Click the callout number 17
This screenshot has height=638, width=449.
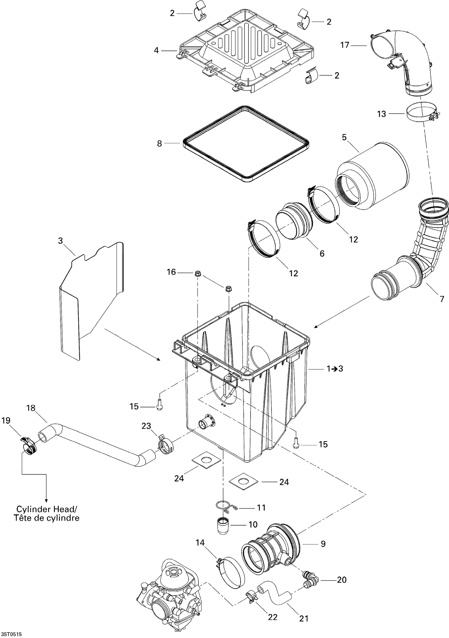click(x=345, y=45)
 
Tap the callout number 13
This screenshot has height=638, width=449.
click(x=381, y=114)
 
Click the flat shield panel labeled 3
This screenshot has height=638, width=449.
click(x=90, y=299)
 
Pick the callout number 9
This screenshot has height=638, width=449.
click(x=323, y=543)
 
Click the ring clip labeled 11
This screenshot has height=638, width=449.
click(x=226, y=506)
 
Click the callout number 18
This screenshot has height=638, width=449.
click(x=31, y=408)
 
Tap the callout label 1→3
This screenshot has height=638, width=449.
click(x=335, y=369)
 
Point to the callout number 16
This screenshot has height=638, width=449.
click(x=172, y=272)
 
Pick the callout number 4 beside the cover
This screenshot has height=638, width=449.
click(x=156, y=50)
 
